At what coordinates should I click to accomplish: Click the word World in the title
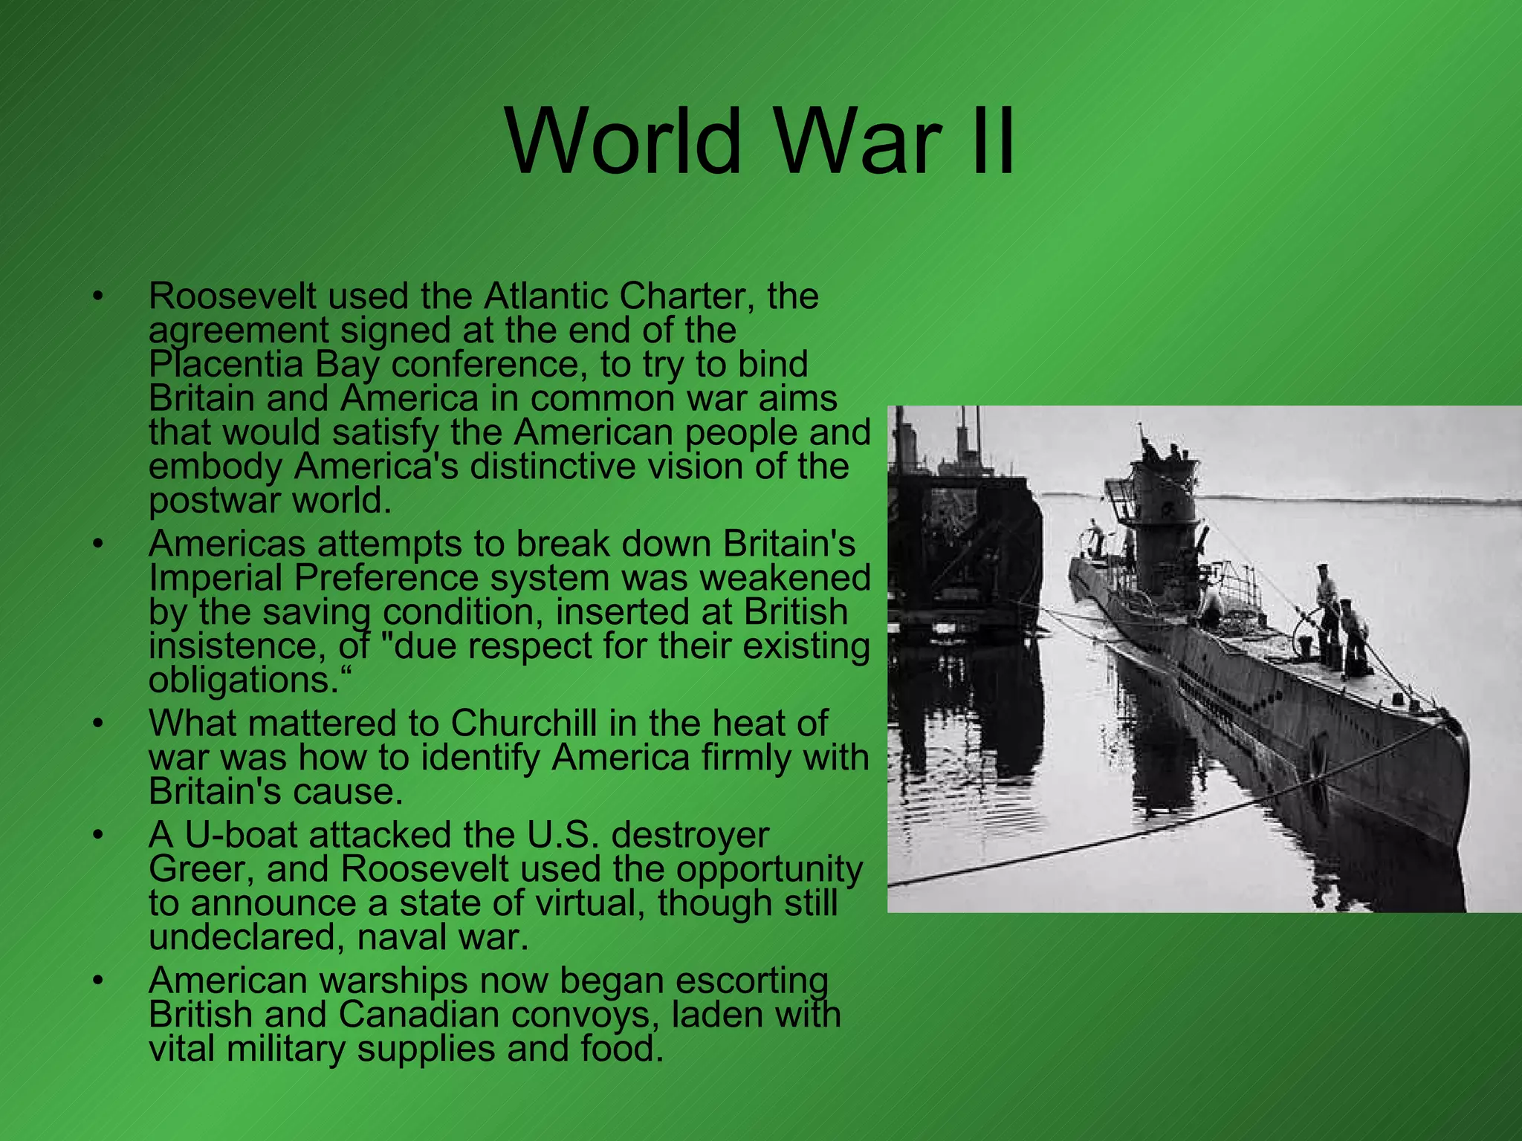(x=623, y=141)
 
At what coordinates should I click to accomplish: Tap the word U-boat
(x=241, y=835)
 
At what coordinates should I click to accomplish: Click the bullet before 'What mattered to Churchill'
(x=96, y=723)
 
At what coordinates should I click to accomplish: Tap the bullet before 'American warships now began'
(x=96, y=981)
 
